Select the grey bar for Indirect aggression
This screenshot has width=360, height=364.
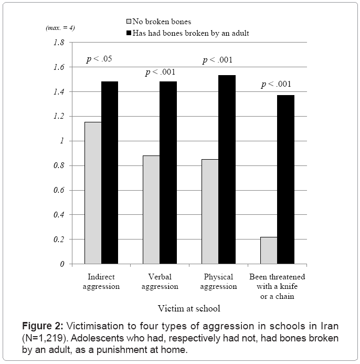(93, 193)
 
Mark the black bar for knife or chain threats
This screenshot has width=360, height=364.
(285, 179)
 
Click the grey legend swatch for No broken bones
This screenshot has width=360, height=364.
(130, 22)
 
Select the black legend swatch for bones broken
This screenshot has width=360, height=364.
(130, 33)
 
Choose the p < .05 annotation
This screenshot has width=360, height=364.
(99, 59)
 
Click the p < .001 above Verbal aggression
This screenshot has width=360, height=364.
(160, 72)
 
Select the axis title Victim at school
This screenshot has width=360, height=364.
(189, 308)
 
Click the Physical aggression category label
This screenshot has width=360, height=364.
(219, 282)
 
